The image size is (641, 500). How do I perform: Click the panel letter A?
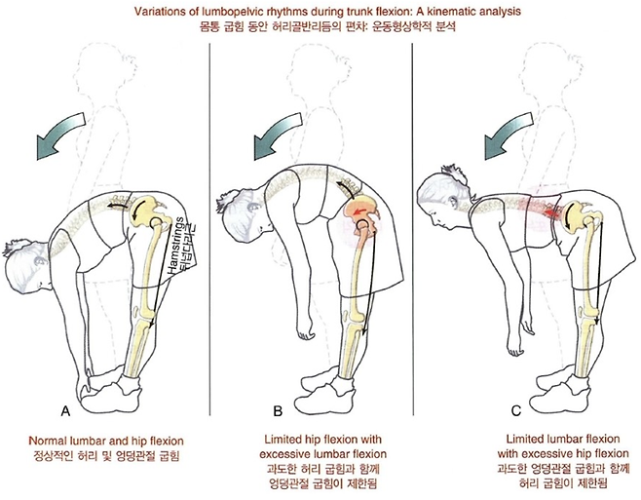(x=65, y=410)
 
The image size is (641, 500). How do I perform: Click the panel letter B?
(x=278, y=410)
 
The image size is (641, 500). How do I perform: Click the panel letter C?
(x=516, y=410)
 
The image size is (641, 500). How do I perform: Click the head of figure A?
(x=28, y=262)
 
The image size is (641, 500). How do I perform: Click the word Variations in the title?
(x=149, y=12)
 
